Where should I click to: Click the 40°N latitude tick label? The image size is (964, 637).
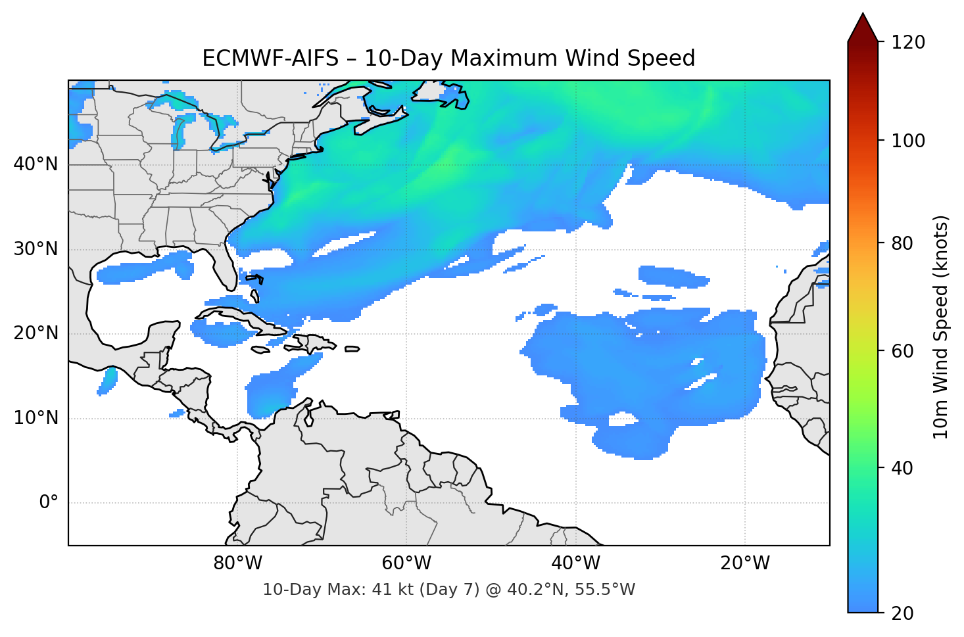(36, 164)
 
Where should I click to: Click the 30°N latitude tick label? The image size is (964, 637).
(36, 249)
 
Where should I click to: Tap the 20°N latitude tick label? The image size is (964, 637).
(36, 333)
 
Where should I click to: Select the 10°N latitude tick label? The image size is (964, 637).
(36, 418)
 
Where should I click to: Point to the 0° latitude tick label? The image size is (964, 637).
(49, 503)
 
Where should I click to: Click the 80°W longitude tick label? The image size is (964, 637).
(237, 563)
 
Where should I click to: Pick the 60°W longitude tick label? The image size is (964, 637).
(406, 563)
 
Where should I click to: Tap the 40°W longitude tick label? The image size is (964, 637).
(575, 563)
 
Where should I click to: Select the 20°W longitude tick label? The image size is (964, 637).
(744, 563)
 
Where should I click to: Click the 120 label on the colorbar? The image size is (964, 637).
(908, 43)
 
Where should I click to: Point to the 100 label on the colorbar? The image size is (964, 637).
(908, 141)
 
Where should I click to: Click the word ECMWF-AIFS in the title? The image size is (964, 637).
(270, 59)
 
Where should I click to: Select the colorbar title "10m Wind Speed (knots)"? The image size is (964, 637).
(941, 327)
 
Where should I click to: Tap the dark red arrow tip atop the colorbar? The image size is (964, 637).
(863, 28)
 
